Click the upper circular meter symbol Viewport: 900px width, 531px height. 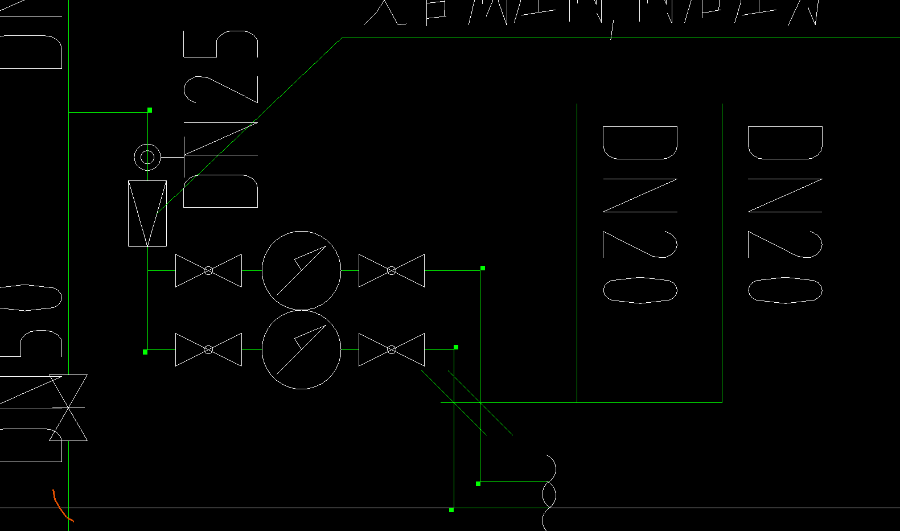click(301, 270)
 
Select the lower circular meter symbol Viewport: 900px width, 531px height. click(301, 349)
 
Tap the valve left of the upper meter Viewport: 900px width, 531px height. click(208, 270)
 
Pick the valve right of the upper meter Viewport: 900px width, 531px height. click(392, 270)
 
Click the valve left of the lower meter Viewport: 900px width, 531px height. click(208, 349)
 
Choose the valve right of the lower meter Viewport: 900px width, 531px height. click(392, 349)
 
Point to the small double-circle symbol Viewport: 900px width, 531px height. click(147, 157)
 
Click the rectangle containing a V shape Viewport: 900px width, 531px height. click(147, 213)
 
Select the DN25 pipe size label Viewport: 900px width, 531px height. click(221, 119)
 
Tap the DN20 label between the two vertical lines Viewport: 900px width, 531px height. click(640, 214)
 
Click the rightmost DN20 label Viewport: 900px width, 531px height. click(785, 214)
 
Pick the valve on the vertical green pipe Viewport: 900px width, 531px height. click(68, 407)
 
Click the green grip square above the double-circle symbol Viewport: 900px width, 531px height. click(150, 110)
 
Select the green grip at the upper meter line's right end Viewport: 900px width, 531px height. click(483, 268)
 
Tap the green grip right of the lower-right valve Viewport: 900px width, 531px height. click(456, 347)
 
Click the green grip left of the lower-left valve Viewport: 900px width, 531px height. click(145, 352)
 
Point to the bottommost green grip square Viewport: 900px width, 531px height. click(451, 510)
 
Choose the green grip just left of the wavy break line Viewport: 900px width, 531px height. click(478, 483)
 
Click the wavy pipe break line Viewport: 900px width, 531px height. click(549, 492)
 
